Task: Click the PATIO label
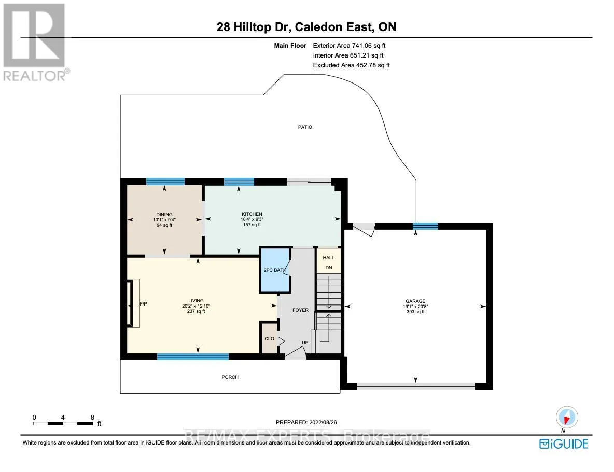[x=305, y=127]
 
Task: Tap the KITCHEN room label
[x=252, y=214]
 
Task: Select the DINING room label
[x=164, y=215]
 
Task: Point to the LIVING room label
[x=196, y=301]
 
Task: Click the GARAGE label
[x=415, y=301]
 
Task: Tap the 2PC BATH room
[x=275, y=270]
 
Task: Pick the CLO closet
[x=270, y=338]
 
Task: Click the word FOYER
[x=300, y=310]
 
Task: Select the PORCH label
[x=230, y=377]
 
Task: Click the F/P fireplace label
[x=143, y=303]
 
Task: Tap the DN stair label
[x=329, y=268]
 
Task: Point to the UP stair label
[x=305, y=343]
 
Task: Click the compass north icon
[x=567, y=417]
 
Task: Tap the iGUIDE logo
[x=564, y=444]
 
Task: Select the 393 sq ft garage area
[x=415, y=312]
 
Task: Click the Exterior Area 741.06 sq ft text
[x=350, y=46]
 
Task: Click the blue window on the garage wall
[x=425, y=226]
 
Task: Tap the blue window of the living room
[x=193, y=356]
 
